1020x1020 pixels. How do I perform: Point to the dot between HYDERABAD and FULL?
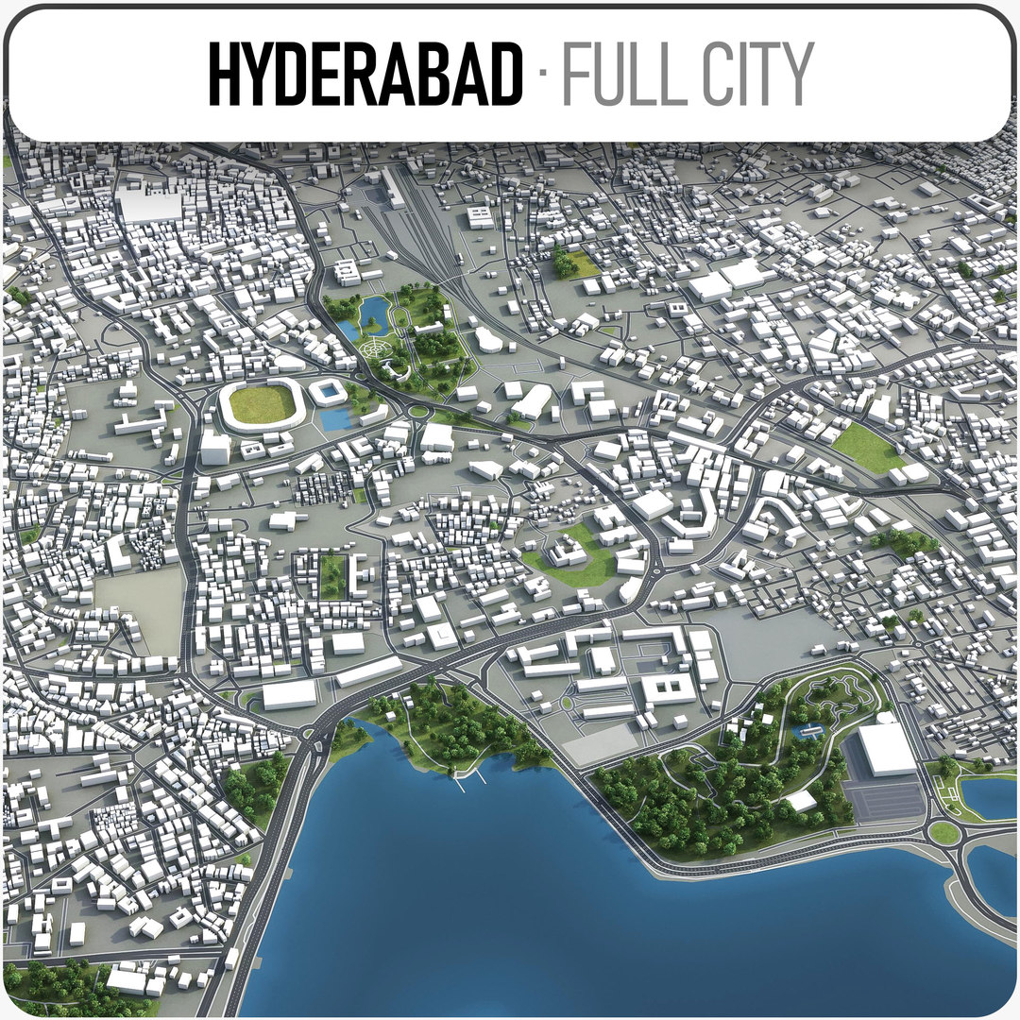point(541,74)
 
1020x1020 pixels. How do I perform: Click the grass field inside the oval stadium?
point(262,404)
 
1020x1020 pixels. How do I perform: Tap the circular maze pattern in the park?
point(378,350)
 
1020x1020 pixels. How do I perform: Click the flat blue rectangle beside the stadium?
point(335,419)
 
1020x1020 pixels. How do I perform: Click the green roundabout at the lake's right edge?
point(943,832)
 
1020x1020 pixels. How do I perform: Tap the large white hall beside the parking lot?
point(887,750)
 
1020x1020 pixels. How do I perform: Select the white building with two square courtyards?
point(669,688)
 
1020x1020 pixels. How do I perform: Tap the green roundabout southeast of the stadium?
point(416,411)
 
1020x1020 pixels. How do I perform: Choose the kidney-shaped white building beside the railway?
point(489,340)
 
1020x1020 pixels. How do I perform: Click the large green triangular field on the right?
point(867,447)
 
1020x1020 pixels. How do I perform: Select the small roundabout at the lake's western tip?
point(308,732)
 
